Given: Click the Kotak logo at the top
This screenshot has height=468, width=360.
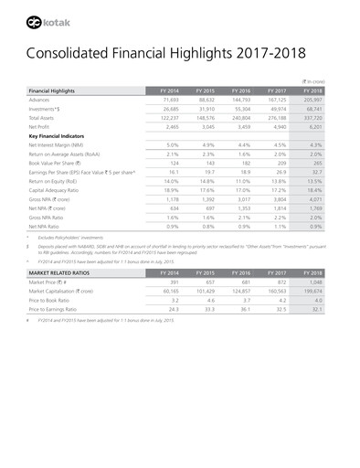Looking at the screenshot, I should pos(47,18).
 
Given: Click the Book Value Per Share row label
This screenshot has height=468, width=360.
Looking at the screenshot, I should pos(59,163).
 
